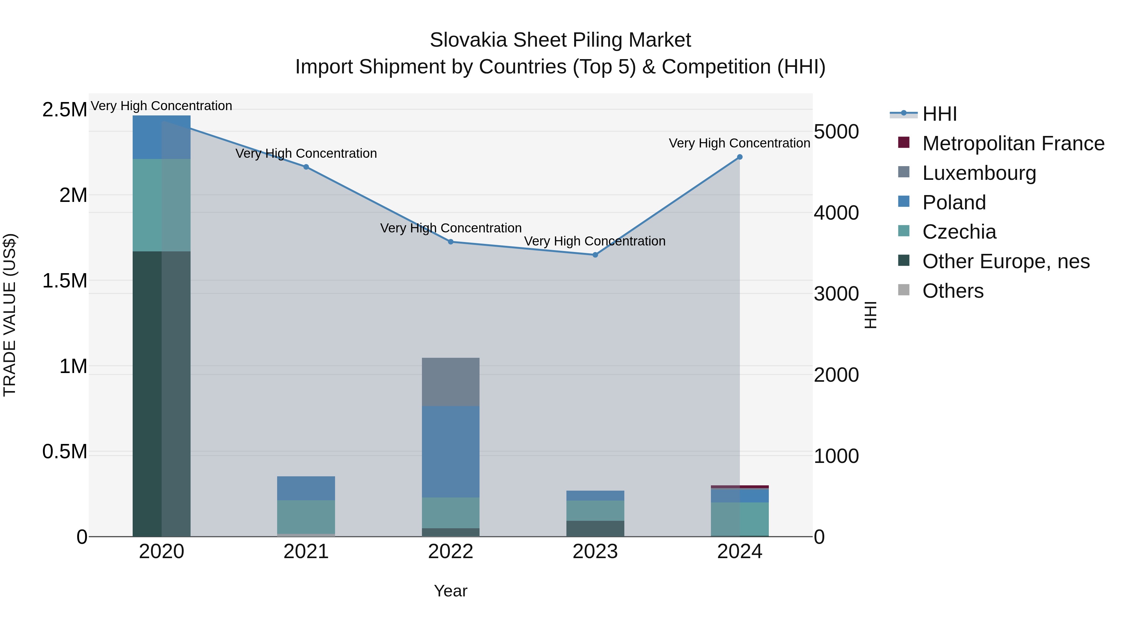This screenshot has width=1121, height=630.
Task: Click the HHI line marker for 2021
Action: pyautogui.click(x=306, y=167)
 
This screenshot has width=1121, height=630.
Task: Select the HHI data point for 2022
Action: pyautogui.click(x=451, y=242)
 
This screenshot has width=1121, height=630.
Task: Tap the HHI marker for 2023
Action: pyautogui.click(x=595, y=255)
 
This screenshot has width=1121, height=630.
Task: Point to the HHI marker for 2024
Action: pyautogui.click(x=740, y=157)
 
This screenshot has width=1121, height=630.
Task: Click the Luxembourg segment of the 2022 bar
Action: pyautogui.click(x=451, y=382)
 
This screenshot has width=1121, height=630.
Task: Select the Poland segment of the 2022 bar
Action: pyautogui.click(x=451, y=451)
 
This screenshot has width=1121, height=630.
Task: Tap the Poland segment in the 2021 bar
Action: pyautogui.click(x=306, y=488)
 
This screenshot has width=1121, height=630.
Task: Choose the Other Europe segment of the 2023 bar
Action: pyautogui.click(x=595, y=528)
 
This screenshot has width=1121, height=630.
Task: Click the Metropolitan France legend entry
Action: pyautogui.click(x=1013, y=143)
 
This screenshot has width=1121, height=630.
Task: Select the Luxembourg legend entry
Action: pyautogui.click(x=979, y=173)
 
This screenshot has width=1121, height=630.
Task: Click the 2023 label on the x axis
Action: pyautogui.click(x=595, y=552)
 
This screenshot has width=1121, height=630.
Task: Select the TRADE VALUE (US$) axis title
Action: pyautogui.click(x=10, y=315)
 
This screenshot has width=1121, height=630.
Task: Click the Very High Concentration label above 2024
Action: pyautogui.click(x=739, y=143)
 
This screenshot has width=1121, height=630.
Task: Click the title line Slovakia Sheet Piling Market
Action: pyautogui.click(x=560, y=40)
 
